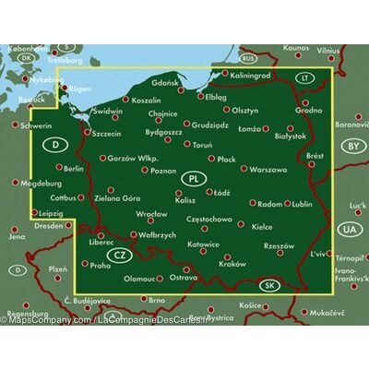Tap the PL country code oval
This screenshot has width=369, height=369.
point(193,178)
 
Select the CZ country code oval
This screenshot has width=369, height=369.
point(118,254)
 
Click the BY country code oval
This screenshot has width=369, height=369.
point(351,146)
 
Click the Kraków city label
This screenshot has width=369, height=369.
point(234,265)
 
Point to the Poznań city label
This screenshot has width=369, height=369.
point(162,171)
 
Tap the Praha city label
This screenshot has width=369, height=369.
point(101,265)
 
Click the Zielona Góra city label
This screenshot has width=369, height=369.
point(118,197)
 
